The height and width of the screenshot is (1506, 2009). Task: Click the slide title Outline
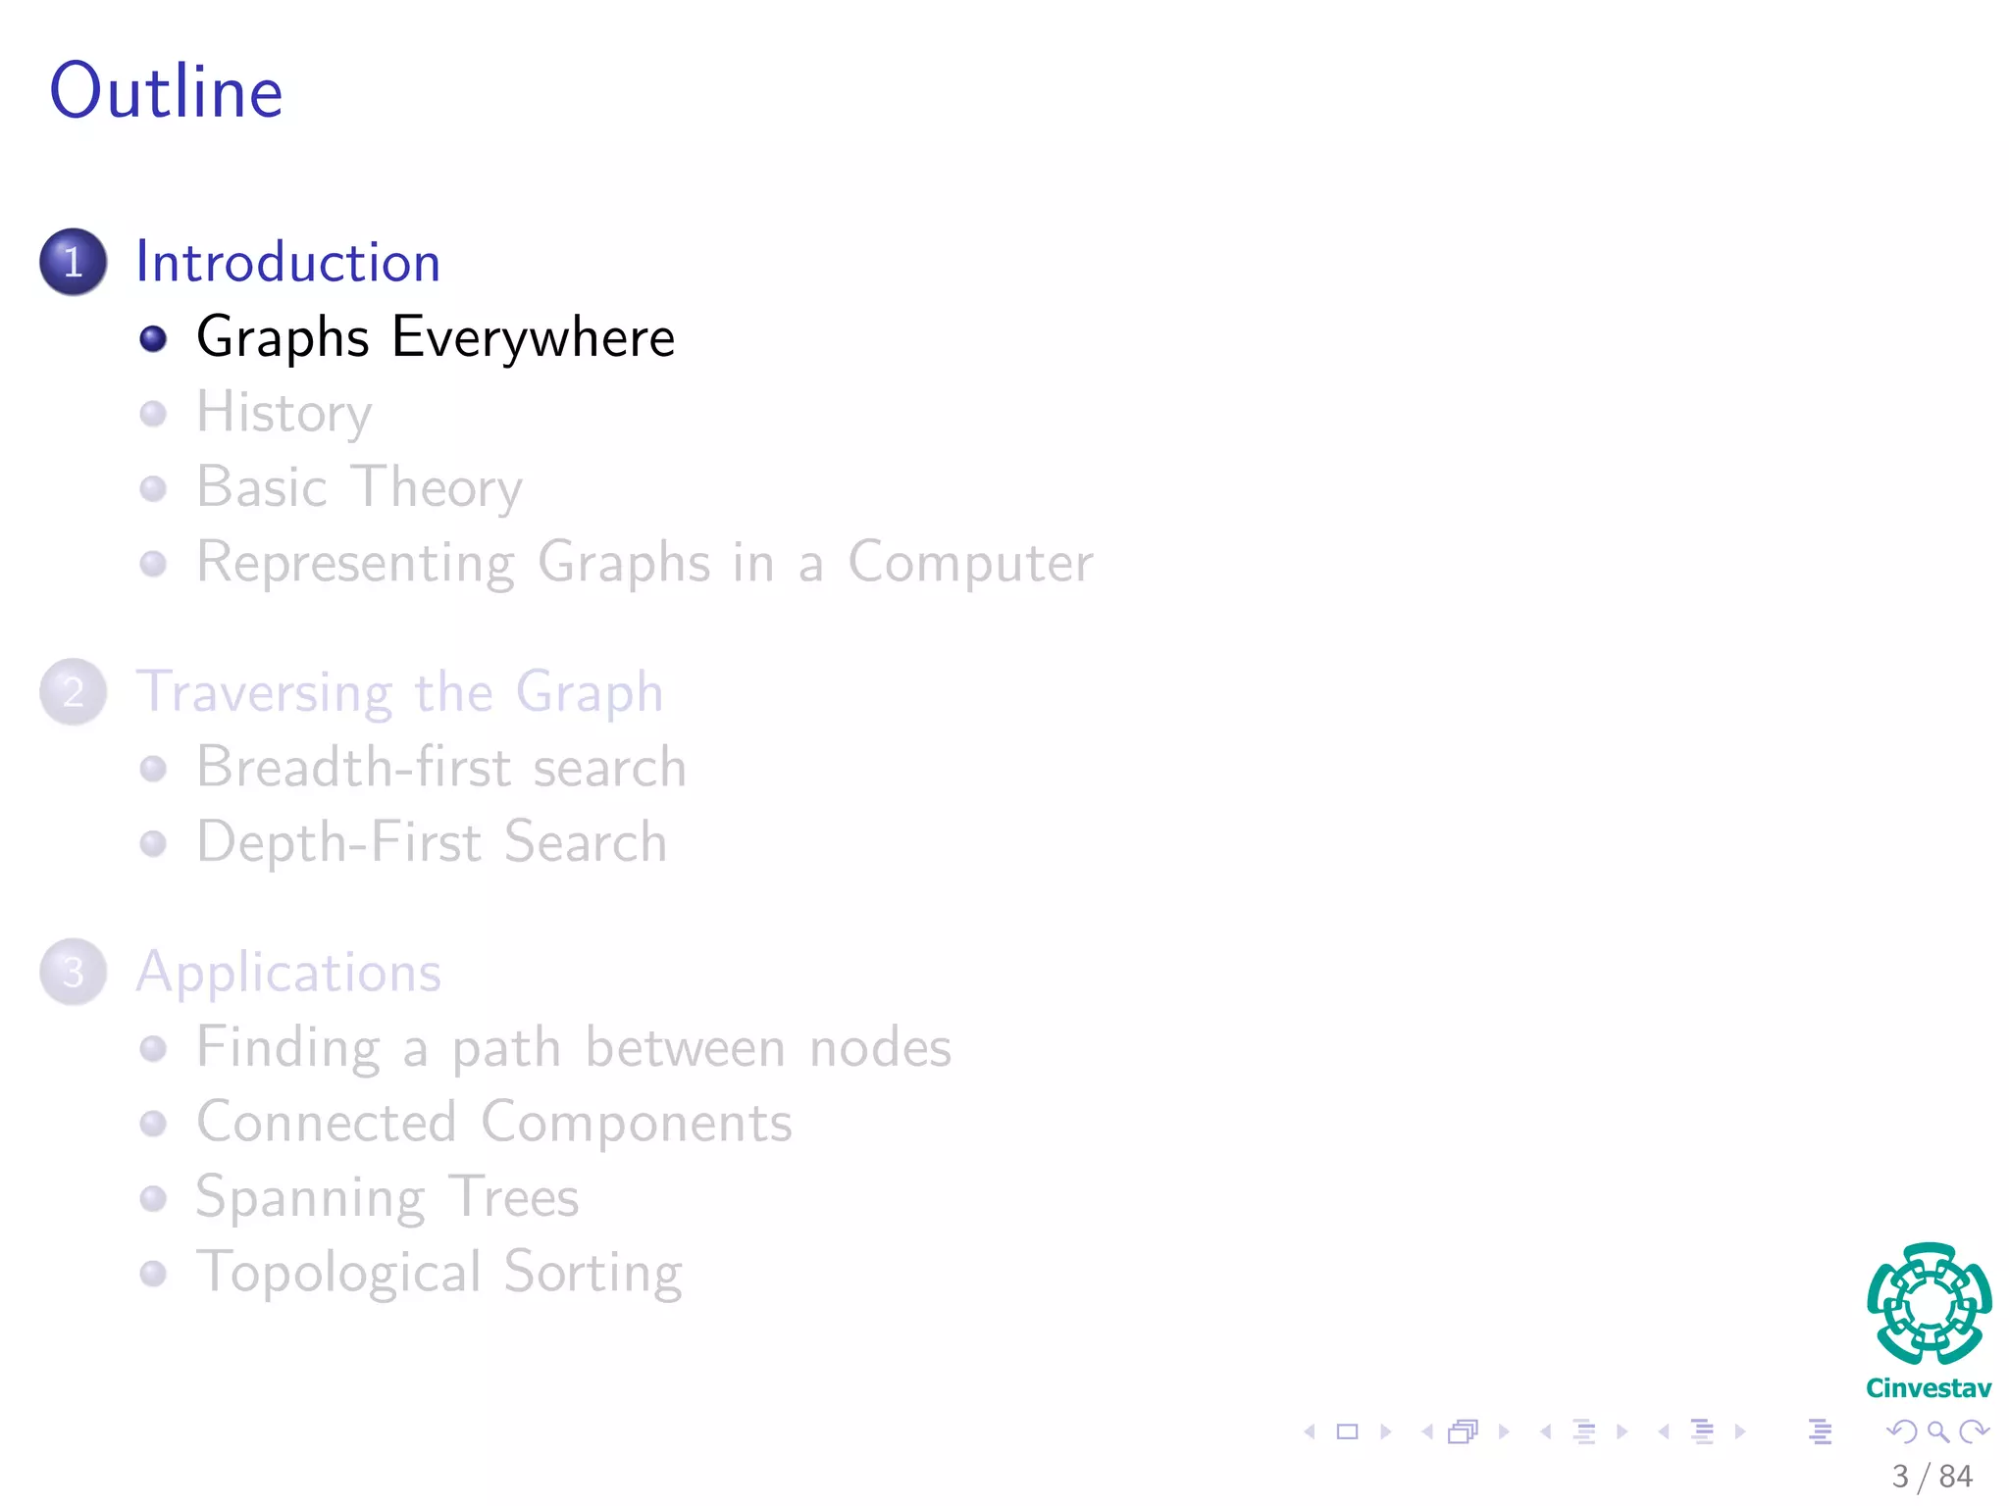click(167, 91)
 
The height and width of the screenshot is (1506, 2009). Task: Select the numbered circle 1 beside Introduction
click(74, 262)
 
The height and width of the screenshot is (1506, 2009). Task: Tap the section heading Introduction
click(287, 262)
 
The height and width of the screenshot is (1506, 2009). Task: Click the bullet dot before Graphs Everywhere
click(153, 338)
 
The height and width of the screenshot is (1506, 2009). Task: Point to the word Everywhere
click(533, 338)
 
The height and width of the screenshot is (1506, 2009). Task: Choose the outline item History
click(283, 413)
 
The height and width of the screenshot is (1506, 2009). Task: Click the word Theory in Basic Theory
click(437, 487)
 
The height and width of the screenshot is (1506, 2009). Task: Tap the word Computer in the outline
click(969, 563)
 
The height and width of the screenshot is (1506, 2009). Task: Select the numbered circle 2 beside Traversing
click(74, 692)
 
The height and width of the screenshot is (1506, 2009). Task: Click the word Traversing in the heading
click(264, 692)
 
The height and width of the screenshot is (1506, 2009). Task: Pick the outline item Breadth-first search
click(440, 767)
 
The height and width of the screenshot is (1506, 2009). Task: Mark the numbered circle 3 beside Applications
click(74, 973)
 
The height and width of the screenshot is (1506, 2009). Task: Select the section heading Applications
click(288, 973)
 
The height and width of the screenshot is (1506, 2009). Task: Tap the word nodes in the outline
click(880, 1047)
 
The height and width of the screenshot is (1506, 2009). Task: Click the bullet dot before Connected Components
click(153, 1123)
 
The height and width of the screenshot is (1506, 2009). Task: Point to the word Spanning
click(310, 1197)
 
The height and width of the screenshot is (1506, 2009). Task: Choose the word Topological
click(338, 1273)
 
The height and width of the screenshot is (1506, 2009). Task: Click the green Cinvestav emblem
click(1929, 1305)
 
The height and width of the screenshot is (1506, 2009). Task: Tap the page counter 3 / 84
click(1932, 1476)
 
